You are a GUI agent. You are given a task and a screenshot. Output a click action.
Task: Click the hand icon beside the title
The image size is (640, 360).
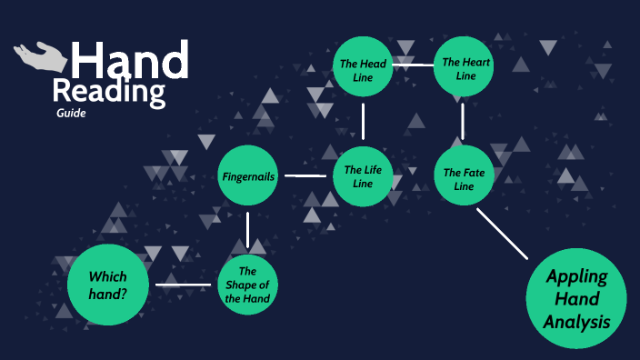coord(41,57)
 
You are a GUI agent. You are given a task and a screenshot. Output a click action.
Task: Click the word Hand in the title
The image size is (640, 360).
coord(130,61)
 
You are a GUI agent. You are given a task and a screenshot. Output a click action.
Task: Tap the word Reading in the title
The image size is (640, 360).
coord(109,92)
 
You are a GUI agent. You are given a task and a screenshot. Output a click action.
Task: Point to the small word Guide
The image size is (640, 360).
coord(70,114)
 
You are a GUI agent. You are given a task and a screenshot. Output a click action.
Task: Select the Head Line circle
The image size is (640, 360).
coord(363,69)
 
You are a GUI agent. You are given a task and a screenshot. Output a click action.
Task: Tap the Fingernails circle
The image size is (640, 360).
coord(248,175)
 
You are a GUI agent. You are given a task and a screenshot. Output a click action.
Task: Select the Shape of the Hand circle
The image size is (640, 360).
coord(248,285)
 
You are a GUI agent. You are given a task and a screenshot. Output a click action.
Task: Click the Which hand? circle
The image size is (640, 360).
coord(107,285)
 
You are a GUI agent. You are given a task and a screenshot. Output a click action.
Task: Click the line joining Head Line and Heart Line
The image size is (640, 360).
coord(414,66)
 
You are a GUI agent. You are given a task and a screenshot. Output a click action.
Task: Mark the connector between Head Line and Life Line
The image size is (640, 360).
coord(363,122)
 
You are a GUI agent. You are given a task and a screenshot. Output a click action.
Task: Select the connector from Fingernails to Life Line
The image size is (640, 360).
coord(305,175)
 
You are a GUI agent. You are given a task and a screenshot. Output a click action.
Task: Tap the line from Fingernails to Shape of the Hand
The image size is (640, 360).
coord(248,230)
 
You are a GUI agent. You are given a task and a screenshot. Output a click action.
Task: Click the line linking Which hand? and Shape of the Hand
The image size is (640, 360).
coord(183,285)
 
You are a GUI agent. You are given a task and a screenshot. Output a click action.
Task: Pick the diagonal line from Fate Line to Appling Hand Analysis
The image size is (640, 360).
coord(503,234)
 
